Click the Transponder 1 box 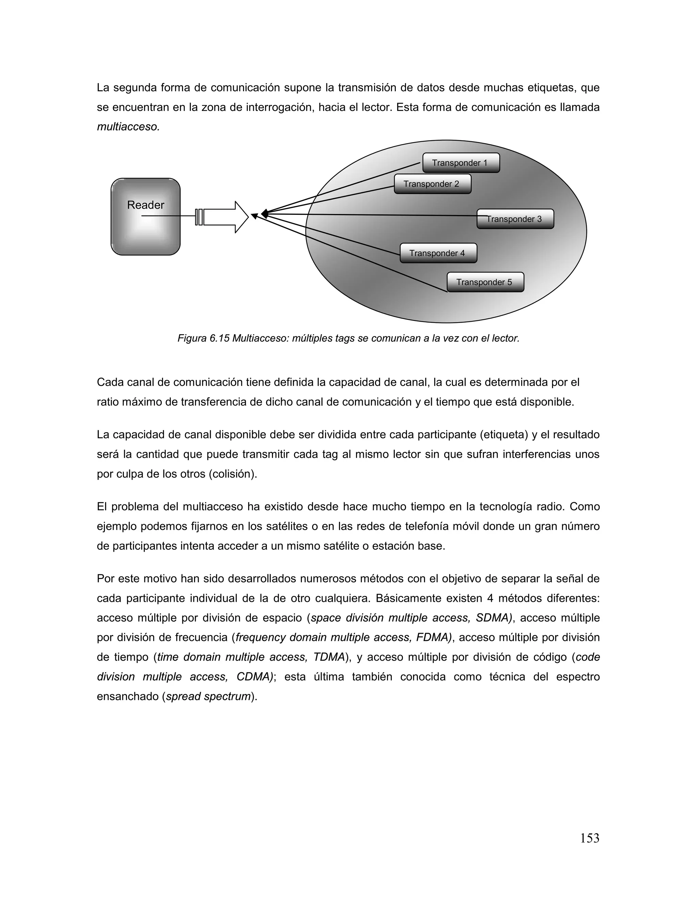(x=461, y=163)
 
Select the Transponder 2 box (x=432, y=184)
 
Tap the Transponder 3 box (x=515, y=219)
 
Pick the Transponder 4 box (x=438, y=253)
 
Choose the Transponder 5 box (x=485, y=282)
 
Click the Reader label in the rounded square (x=145, y=205)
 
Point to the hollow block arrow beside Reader (x=225, y=217)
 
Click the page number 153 (x=589, y=838)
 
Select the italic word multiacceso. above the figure (x=128, y=127)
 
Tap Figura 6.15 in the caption (x=203, y=338)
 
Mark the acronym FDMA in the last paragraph (x=434, y=637)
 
